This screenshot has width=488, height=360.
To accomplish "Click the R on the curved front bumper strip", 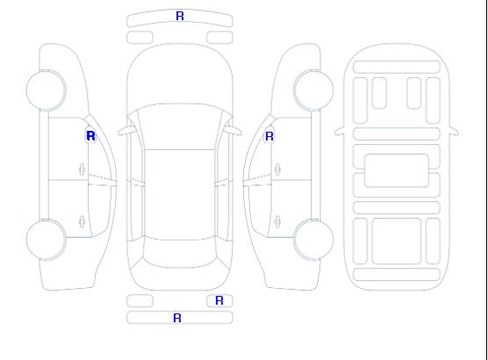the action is pyautogui.click(x=180, y=16).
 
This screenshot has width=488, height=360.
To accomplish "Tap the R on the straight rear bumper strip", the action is pyautogui.click(x=177, y=318).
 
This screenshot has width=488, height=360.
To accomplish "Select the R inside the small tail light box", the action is pyautogui.click(x=219, y=300).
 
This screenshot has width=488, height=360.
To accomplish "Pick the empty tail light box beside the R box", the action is pyautogui.click(x=140, y=301).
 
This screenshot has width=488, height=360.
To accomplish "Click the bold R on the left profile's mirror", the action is pyautogui.click(x=90, y=136).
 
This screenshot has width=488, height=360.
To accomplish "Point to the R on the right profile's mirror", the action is pyautogui.click(x=269, y=136).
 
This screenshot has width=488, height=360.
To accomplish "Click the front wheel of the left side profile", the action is pyautogui.click(x=46, y=90).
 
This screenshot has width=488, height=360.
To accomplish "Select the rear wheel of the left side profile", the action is pyautogui.click(x=46, y=240).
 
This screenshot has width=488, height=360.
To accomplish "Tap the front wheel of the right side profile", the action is pyautogui.click(x=313, y=90).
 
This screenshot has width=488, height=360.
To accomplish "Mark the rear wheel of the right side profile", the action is pyautogui.click(x=313, y=240).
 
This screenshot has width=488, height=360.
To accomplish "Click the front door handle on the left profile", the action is pyautogui.click(x=83, y=169).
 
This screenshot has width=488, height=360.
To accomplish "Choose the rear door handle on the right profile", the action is pyautogui.click(x=277, y=221).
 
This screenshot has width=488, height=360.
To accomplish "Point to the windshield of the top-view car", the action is pyautogui.click(x=180, y=126).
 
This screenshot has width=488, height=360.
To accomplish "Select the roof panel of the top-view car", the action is pyautogui.click(x=180, y=195).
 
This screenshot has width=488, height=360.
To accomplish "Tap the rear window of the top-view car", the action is pyautogui.click(x=180, y=254).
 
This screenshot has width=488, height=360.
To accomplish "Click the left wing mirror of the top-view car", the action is pyautogui.click(x=126, y=131).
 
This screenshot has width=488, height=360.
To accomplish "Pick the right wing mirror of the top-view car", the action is pyautogui.click(x=233, y=131).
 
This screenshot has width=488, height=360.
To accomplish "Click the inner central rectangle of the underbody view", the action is pyautogui.click(x=397, y=170).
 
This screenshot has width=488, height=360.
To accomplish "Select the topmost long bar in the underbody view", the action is pyautogui.click(x=397, y=68).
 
